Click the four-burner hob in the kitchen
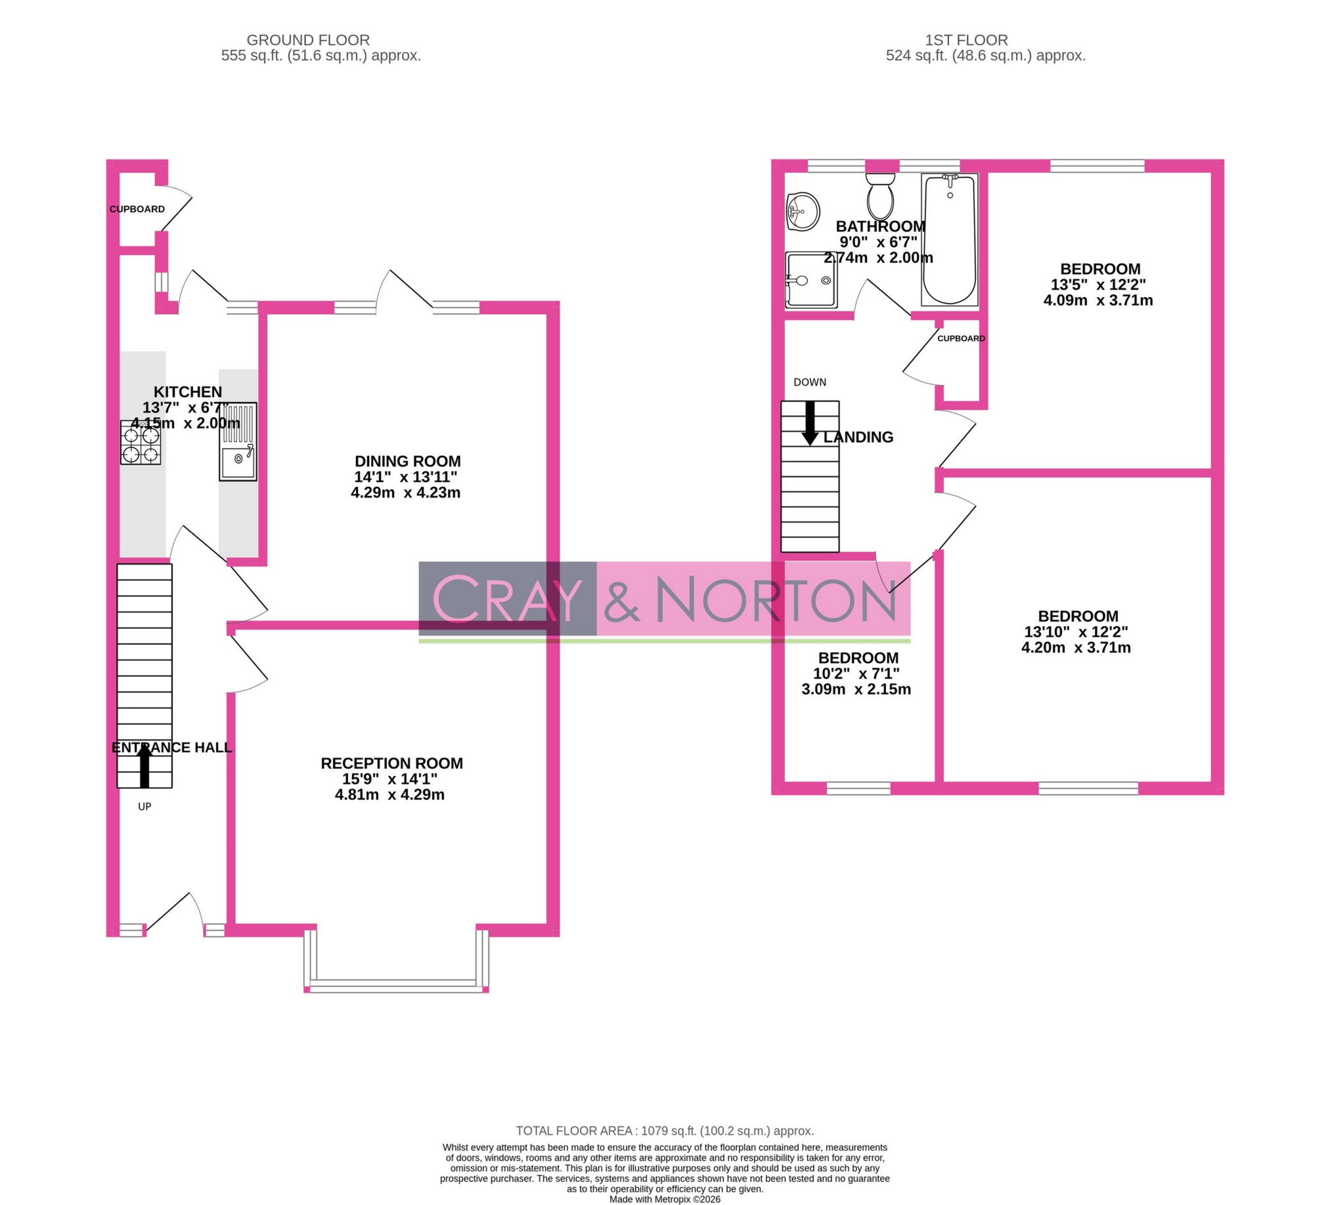[141, 442]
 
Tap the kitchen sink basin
[238, 461]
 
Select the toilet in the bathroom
[880, 196]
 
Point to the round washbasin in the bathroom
[803, 212]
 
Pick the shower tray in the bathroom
[810, 281]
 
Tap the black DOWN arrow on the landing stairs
[810, 423]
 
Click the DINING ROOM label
[408, 461]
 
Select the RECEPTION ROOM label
[392, 763]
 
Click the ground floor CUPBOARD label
[137, 209]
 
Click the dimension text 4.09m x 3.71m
[1098, 301]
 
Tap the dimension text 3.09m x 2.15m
[856, 690]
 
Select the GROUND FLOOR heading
[308, 40]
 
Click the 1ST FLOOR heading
[967, 40]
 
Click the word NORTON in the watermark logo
[775, 599]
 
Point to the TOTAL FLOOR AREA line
[665, 1131]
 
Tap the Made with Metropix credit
[665, 1200]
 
